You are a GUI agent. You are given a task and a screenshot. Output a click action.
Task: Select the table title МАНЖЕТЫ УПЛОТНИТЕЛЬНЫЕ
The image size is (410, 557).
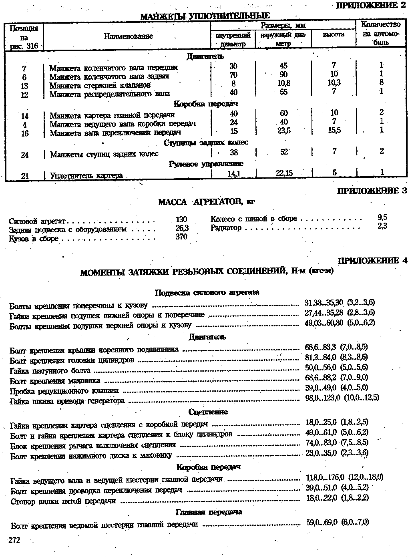point(205,16)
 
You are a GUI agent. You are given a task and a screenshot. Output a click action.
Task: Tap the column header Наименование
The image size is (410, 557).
point(129,36)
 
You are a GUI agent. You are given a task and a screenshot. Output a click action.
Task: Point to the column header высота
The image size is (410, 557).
point(334,34)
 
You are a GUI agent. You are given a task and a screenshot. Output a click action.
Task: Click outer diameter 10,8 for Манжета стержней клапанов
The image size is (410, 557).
point(283,83)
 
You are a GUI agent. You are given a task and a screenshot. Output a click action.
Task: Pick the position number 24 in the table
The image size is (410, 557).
point(25,155)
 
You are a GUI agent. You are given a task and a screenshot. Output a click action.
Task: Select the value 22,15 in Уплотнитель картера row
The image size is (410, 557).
point(284,173)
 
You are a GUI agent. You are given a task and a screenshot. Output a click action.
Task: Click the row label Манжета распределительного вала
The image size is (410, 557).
point(110,94)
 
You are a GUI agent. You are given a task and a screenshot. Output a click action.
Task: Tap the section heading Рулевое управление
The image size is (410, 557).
point(206,164)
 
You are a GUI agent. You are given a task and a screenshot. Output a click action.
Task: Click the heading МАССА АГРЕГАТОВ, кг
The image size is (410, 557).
point(207,202)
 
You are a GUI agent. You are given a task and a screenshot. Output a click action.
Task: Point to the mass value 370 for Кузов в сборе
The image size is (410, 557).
point(181,237)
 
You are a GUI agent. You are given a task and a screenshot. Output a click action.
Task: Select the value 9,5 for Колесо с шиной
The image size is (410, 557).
point(382,217)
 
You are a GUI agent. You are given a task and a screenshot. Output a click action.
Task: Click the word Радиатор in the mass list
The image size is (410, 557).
point(226,228)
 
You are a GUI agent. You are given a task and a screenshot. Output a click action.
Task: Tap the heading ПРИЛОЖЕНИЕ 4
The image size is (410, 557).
point(372,261)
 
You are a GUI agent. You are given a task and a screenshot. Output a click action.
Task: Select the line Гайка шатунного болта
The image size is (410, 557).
point(50,371)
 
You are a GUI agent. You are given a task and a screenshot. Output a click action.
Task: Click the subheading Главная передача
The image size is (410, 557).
point(209,512)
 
